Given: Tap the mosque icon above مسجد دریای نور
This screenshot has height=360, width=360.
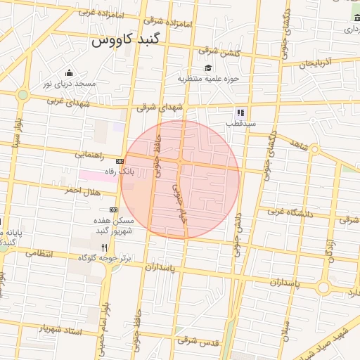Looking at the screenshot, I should [69, 72].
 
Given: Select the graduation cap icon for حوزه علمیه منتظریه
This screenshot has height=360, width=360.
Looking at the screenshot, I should [208, 67].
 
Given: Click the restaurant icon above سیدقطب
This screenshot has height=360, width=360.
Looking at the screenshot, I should [240, 112].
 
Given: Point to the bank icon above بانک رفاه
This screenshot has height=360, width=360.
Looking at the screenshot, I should [120, 161].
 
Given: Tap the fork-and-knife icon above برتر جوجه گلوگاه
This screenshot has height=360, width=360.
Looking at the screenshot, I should [105, 247].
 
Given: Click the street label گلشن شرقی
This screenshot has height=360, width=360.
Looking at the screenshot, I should [219, 51].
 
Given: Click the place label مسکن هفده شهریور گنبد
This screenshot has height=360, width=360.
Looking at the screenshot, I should [112, 226].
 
